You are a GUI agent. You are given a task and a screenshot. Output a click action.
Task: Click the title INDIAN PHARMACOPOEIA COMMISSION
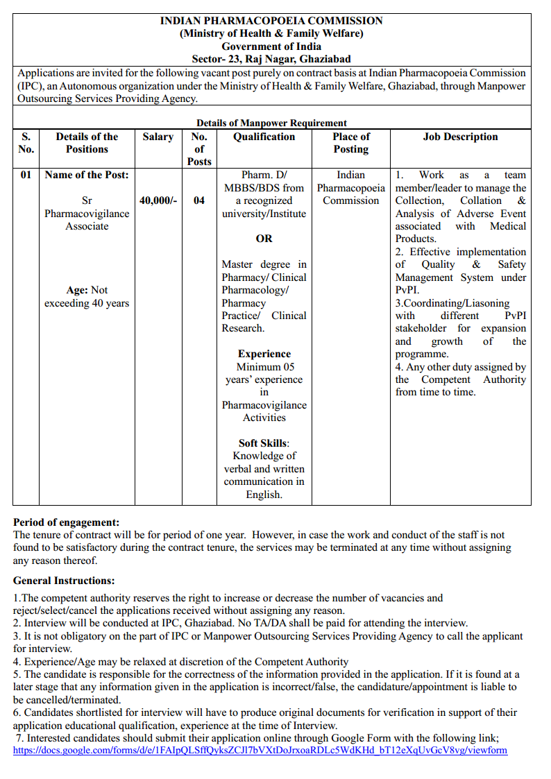coord(271,21)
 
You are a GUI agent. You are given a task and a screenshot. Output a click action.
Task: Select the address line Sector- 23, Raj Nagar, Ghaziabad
coord(271,59)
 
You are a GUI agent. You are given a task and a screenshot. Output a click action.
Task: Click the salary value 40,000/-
coord(158,200)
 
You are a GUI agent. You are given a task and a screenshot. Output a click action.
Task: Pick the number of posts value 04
coord(199,200)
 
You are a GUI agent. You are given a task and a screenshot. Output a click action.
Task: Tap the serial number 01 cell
coord(26,175)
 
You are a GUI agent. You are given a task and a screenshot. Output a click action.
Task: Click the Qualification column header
coord(264,137)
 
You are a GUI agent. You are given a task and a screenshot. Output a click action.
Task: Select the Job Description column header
coord(460,137)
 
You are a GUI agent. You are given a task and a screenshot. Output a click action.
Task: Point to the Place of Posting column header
coord(350,143)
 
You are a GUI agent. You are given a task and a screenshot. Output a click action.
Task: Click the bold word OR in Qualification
coord(264,239)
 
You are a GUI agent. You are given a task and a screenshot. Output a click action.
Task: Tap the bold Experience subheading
coord(264,354)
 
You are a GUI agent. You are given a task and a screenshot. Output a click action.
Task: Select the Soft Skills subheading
coord(263,443)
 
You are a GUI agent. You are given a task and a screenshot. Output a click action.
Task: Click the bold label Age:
coord(76,290)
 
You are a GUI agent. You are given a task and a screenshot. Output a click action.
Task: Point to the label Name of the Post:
coord(87,175)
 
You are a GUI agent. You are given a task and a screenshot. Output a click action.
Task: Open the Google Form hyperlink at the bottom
coord(260,750)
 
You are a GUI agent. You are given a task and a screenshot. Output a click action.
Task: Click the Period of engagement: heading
coord(67,522)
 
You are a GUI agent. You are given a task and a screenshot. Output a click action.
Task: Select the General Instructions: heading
coord(64,581)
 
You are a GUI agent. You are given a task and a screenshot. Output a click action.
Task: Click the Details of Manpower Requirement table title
coord(271,123)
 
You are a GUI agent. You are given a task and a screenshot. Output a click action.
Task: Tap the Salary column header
coord(158,137)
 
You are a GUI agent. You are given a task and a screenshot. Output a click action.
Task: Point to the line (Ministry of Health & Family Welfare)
coord(271,33)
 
